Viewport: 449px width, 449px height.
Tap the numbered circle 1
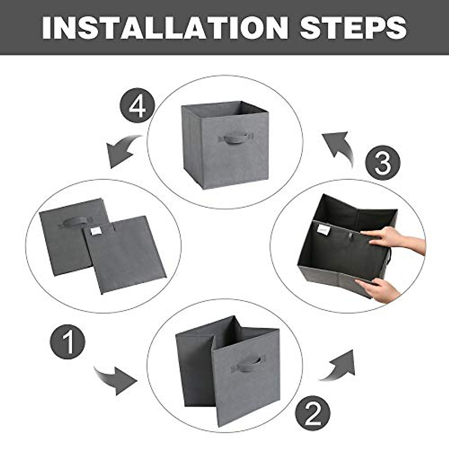(68, 342)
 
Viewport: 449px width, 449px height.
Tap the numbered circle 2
(312, 413)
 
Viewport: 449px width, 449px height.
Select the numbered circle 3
(382, 163)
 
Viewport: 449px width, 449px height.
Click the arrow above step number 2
(339, 365)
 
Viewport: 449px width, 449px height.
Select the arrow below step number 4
(122, 152)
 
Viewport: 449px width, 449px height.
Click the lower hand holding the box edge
(378, 288)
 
